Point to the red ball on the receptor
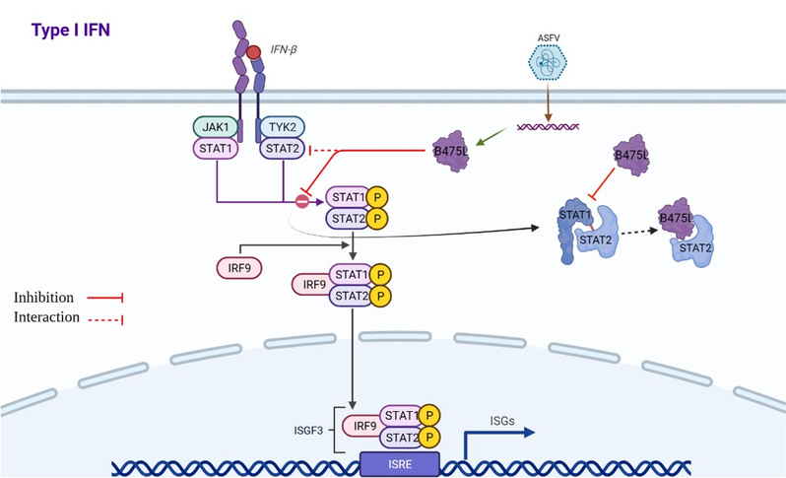click(x=254, y=51)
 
